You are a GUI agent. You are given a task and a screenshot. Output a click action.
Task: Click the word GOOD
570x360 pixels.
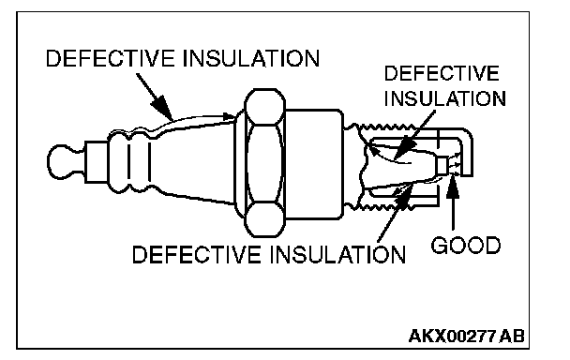tap(466, 245)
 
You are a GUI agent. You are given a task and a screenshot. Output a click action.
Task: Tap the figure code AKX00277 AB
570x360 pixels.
tap(466, 336)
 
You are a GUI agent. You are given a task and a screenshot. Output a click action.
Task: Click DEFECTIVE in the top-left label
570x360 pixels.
tap(110, 58)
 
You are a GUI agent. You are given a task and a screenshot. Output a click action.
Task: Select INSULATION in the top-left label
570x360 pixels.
tap(251, 58)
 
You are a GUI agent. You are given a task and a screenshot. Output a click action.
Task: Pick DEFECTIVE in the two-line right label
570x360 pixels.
tap(442, 73)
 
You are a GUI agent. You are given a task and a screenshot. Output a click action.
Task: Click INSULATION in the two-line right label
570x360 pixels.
tap(445, 98)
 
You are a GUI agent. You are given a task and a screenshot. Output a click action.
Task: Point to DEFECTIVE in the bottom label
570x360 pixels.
tap(196, 254)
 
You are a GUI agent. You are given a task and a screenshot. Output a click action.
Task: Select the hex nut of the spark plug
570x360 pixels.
tap(264, 162)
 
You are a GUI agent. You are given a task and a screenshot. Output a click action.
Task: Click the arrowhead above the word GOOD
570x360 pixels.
tap(453, 187)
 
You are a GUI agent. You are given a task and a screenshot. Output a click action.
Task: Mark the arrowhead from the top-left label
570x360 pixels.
tap(162, 108)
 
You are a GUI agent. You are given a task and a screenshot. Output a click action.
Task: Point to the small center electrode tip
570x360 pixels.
tap(442, 165)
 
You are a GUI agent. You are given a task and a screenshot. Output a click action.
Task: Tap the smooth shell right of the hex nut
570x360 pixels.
tap(314, 164)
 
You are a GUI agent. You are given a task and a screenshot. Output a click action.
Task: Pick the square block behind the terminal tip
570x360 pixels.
tap(97, 162)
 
